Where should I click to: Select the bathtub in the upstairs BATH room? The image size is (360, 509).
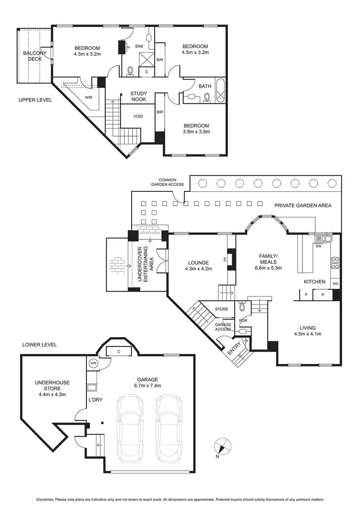(x=220, y=89)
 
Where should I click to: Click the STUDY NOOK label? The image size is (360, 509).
(x=139, y=96)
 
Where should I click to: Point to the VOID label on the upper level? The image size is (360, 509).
(x=138, y=116)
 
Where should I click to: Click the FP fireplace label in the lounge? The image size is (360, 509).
(x=225, y=260)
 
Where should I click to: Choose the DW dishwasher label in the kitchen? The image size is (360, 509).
(x=318, y=246)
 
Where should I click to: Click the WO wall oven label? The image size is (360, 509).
(x=335, y=284)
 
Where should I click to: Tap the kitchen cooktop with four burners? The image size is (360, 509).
(x=336, y=263)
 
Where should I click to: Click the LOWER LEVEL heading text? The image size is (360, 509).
(x=39, y=344)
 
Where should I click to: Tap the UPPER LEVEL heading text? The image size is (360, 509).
(x=35, y=100)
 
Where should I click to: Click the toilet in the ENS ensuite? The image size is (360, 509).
(x=130, y=72)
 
